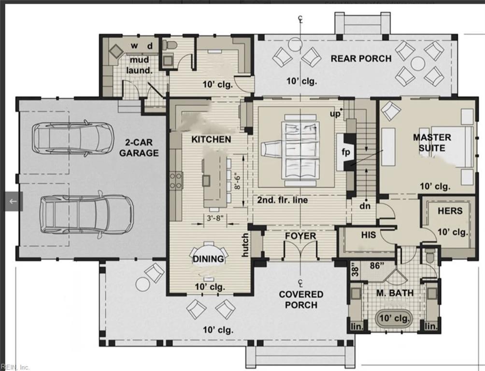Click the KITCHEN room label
[211, 139]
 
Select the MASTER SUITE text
[431, 143]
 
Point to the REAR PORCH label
[361, 58]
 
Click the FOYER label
[300, 236]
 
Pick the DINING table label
[208, 259]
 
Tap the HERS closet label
[450, 211]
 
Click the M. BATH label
[392, 293]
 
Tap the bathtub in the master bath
[394, 319]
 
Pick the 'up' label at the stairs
[334, 114]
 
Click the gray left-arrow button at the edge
[13, 201]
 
